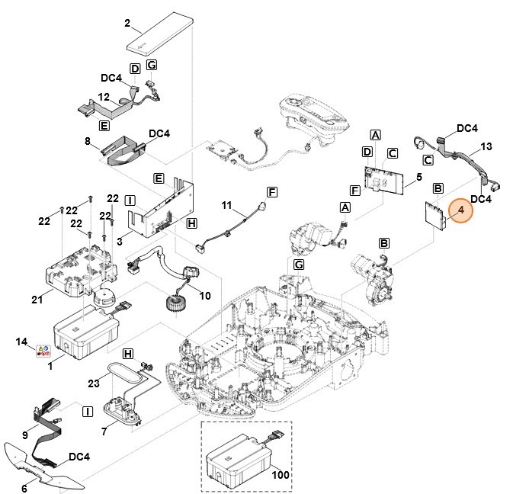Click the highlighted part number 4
[460, 211]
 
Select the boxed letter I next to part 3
[130, 200]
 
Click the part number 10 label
[204, 295]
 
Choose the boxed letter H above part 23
[127, 354]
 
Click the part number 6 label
[24, 489]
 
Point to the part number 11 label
[226, 206]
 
